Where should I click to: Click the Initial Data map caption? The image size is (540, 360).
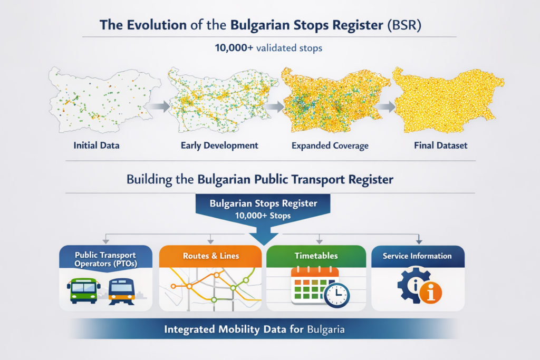[97, 145]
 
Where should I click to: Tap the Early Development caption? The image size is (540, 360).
[219, 145]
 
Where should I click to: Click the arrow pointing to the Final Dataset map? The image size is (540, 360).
[385, 106]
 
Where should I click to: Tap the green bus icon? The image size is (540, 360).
[84, 290]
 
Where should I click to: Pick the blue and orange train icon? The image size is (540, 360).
[122, 291]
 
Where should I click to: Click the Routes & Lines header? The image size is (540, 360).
[211, 256]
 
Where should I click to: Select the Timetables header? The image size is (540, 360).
[316, 256]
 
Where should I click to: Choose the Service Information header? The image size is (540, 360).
[417, 256]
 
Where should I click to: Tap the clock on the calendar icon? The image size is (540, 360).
[337, 295]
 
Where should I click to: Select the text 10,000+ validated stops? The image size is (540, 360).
[268, 48]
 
